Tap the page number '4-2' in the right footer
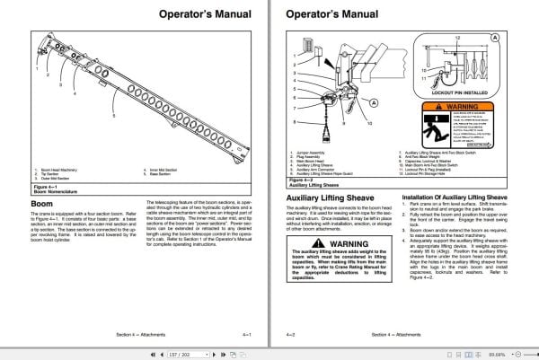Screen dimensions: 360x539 coord(292,334)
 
